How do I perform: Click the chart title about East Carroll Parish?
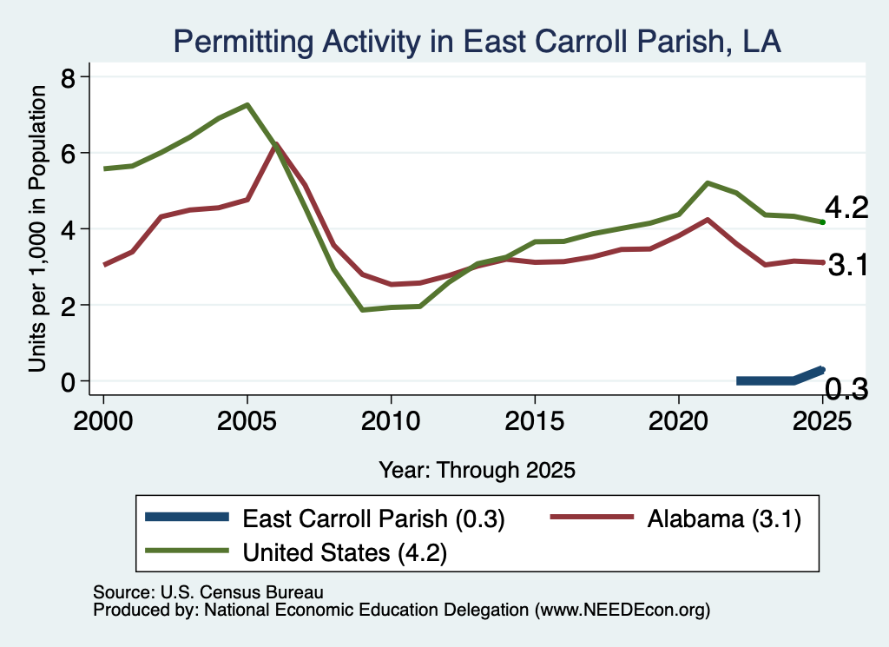coord(477,42)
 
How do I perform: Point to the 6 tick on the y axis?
coord(68,153)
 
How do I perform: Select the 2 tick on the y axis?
coord(68,305)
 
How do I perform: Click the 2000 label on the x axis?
coord(103,420)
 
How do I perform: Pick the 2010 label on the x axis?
coord(391,420)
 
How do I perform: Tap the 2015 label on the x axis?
coord(535,420)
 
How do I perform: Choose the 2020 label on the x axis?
coord(679,420)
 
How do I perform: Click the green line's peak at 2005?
coord(247,105)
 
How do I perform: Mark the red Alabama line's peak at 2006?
coord(276,145)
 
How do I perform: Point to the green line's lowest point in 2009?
coord(362,310)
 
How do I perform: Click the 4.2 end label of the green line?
coord(846,208)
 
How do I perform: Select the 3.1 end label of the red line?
coord(848,265)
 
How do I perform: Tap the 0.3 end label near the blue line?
coord(846,389)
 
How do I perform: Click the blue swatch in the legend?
coord(188,517)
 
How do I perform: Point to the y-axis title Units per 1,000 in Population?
coord(37,228)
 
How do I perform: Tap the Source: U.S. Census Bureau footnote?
coord(208,592)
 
